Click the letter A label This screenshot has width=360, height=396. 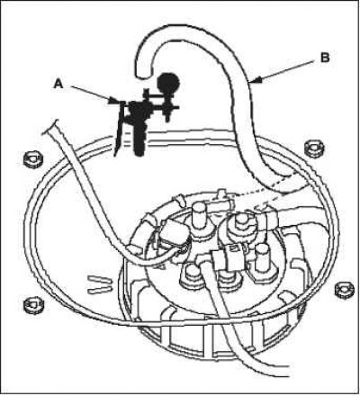pos(58,84)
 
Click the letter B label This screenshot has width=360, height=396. pos(325,58)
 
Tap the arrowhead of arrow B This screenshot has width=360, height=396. pos(255,80)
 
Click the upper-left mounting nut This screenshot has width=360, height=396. pos(33,158)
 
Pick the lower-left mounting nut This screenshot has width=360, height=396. pos(33,304)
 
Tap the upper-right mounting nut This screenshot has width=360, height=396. pos(315,148)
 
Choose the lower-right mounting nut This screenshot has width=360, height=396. pos(344,290)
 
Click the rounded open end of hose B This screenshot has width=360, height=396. pos(144,74)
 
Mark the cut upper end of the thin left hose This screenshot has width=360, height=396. pos(50,127)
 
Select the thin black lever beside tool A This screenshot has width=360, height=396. pos(120,129)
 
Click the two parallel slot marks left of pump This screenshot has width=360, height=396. pos(100,285)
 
